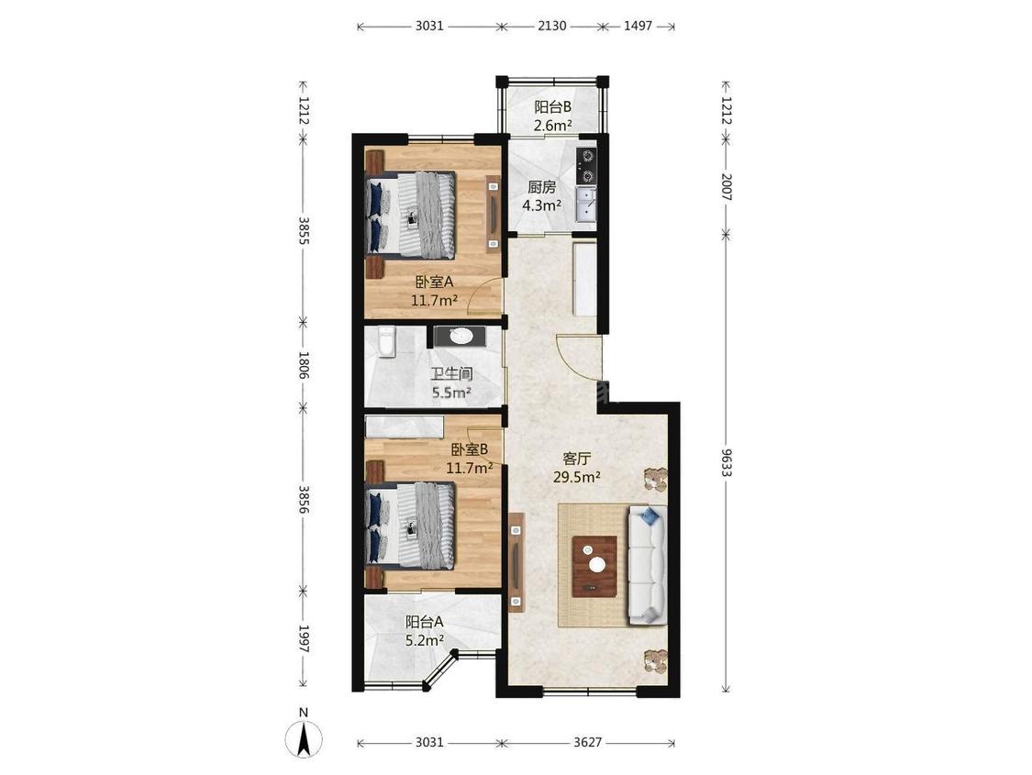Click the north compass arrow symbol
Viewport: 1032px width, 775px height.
click(304, 739)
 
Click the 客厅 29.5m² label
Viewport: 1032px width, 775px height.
click(577, 468)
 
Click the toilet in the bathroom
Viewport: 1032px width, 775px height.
click(387, 341)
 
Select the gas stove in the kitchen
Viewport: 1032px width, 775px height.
click(586, 166)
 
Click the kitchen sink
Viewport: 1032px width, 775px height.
click(584, 204)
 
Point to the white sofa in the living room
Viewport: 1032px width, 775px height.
click(648, 565)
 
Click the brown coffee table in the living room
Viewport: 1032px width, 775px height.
click(595, 567)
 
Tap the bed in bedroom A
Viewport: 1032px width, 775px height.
click(411, 215)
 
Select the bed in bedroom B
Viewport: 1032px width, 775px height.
click(411, 526)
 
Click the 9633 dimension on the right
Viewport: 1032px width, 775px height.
click(726, 462)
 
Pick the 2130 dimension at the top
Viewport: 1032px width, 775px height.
click(552, 27)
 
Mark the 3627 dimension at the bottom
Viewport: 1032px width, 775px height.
click(588, 743)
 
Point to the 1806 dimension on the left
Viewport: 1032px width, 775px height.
click(304, 364)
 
